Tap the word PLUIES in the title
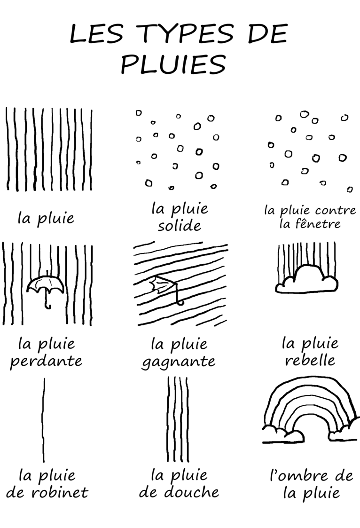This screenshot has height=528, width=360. pyautogui.click(x=173, y=64)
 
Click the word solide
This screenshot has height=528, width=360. pyautogui.click(x=180, y=225)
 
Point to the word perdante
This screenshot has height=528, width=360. pyautogui.click(x=46, y=362)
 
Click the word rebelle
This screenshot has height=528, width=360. pyautogui.click(x=310, y=360)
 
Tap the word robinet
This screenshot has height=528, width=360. pyautogui.click(x=60, y=492)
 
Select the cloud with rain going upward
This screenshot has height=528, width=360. pyautogui.click(x=306, y=279)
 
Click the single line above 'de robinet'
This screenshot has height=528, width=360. pyautogui.click(x=43, y=420)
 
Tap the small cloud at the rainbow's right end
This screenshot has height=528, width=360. pyautogui.click(x=343, y=430)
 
